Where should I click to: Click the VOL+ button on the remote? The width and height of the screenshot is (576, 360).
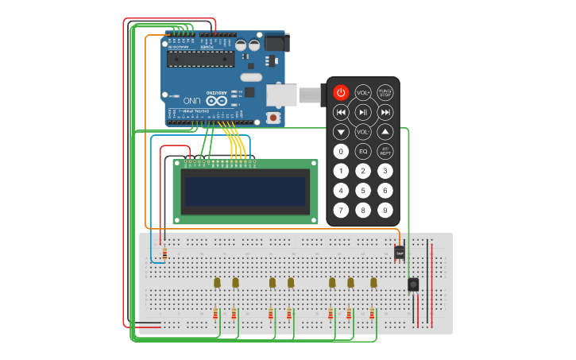363,92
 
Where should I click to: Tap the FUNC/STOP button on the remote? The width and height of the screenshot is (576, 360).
385,92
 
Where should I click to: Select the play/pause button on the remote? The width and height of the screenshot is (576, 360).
363,112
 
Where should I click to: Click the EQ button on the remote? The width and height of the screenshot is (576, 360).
363,151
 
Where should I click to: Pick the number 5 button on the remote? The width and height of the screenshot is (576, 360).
363,191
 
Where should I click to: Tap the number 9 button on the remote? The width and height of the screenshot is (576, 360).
385,211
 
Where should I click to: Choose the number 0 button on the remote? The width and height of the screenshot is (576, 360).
341,151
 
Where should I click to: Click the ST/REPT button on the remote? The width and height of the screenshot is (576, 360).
385,151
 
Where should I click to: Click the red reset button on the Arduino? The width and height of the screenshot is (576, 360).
274,118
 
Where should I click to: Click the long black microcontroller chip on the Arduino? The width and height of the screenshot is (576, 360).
199,60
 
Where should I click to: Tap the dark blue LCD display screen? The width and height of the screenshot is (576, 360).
244,192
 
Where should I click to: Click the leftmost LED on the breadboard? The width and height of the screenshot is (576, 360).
217,282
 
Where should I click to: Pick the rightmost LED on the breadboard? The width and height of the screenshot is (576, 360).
373,282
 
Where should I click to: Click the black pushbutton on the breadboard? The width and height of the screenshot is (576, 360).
413,285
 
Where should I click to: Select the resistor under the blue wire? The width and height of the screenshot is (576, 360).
164,253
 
